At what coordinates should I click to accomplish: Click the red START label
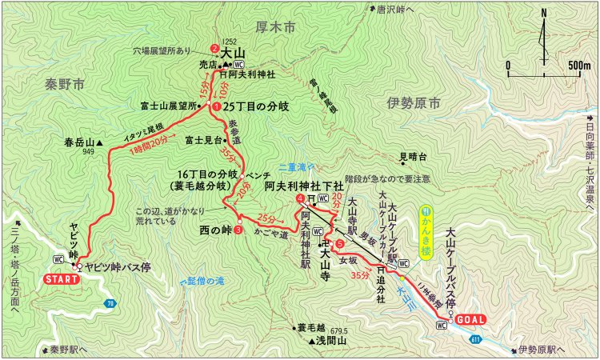[x=59, y=280]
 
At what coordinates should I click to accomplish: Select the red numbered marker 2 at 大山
[x=214, y=46]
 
